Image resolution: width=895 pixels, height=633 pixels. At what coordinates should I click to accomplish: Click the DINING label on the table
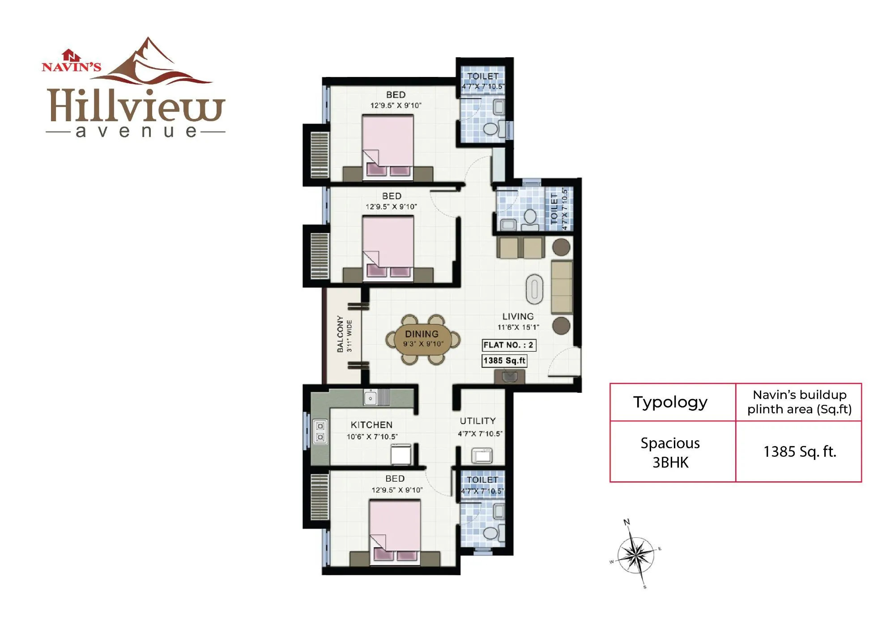tap(422, 334)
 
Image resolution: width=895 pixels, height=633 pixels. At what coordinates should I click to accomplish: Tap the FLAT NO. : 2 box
tap(508, 345)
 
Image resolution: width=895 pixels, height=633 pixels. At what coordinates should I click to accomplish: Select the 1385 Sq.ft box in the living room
tap(504, 361)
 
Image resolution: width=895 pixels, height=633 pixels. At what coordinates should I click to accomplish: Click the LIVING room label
tap(518, 316)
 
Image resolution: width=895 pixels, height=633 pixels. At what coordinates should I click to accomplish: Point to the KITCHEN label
tap(371, 425)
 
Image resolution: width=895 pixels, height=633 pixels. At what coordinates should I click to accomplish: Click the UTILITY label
tap(478, 421)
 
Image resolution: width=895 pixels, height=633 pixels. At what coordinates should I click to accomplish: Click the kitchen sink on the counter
tap(371, 397)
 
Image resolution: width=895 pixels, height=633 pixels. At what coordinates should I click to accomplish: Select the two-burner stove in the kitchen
tap(320, 432)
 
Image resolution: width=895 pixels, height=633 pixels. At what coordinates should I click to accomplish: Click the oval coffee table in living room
tap(534, 287)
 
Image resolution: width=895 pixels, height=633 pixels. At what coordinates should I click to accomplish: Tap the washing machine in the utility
tap(482, 456)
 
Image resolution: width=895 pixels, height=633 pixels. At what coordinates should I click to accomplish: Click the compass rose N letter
tap(626, 522)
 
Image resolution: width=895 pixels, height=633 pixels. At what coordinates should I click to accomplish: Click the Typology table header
tap(670, 402)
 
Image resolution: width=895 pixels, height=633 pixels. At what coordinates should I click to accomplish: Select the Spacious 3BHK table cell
tap(670, 452)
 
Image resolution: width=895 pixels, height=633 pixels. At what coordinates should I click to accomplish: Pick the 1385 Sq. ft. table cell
tap(799, 452)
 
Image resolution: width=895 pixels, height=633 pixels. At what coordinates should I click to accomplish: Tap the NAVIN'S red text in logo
tap(72, 67)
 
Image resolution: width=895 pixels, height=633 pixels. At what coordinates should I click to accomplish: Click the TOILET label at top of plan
tap(482, 76)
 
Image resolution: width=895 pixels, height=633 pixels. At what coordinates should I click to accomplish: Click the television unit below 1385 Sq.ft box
tap(509, 377)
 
